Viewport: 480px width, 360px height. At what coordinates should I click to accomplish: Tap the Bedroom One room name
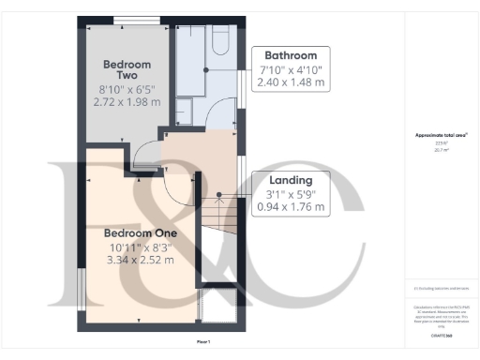139,232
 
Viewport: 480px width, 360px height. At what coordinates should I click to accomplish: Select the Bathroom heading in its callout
296,54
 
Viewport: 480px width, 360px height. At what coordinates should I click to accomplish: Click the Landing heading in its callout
292,179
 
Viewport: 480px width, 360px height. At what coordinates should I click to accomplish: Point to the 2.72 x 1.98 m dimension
128,100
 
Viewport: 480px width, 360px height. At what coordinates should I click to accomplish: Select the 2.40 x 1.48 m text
292,82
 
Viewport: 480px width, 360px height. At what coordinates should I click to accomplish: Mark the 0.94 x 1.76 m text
292,207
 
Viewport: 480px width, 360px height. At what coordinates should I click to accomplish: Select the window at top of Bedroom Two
127,20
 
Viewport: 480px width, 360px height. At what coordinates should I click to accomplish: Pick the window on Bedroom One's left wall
81,286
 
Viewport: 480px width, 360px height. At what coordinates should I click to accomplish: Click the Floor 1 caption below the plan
202,341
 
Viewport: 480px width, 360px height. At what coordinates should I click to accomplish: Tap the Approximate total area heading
441,136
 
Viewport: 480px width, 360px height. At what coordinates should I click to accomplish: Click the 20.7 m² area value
441,148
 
